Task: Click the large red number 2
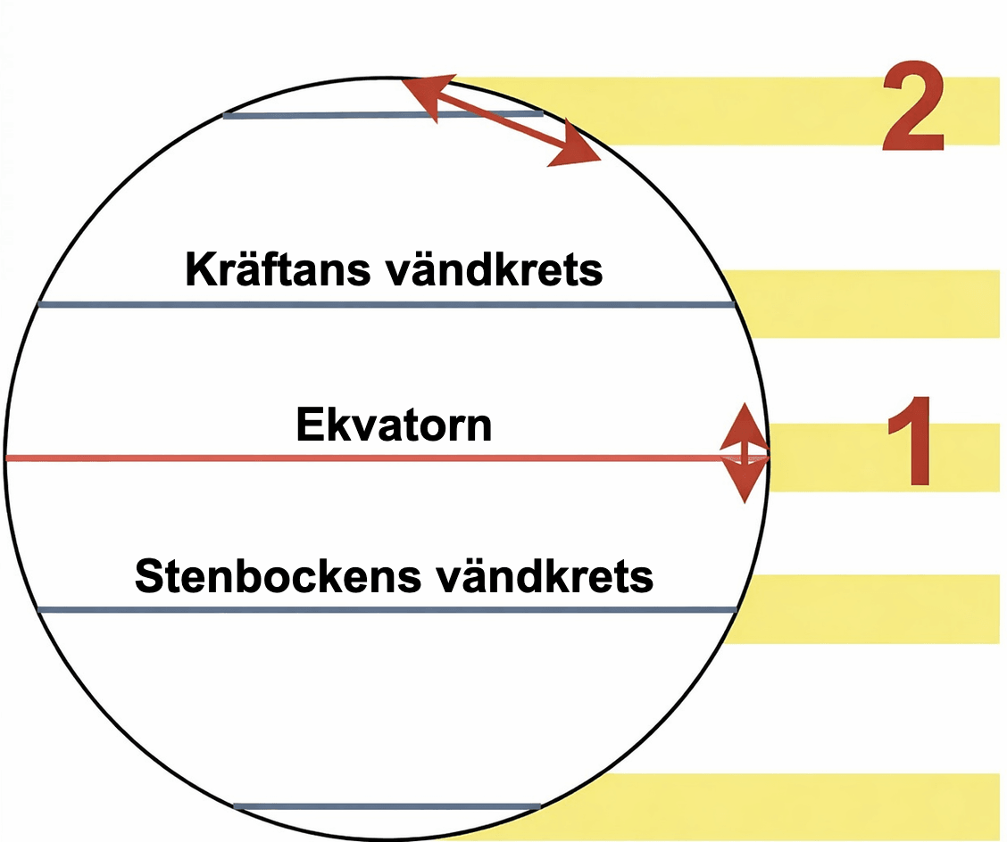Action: (913, 106)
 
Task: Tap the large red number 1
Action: (911, 441)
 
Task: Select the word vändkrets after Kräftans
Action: (494, 269)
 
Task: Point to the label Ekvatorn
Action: (394, 425)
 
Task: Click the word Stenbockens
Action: (278, 575)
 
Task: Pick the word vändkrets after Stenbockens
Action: (544, 576)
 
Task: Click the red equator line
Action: (387, 458)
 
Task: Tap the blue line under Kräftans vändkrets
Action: (386, 304)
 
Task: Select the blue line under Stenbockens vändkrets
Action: (387, 610)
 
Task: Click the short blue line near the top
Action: (383, 115)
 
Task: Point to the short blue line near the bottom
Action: (387, 806)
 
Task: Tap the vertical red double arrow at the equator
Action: (745, 453)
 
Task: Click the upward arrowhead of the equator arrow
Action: (745, 426)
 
